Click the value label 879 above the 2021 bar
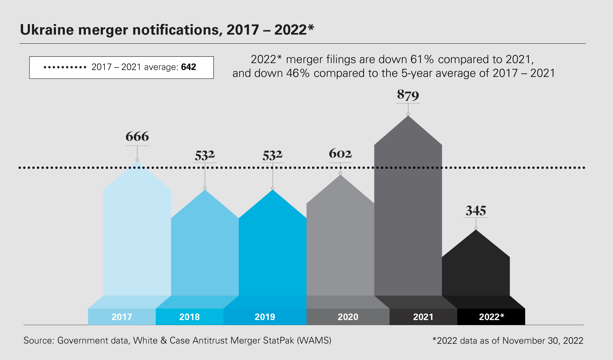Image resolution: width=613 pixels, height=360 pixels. [408, 95]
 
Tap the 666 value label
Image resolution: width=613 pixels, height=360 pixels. [137, 136]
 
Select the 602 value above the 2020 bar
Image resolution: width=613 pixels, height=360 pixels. [340, 154]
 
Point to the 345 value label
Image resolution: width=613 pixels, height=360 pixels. [476, 211]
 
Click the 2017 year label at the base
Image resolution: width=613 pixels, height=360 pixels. [122, 317]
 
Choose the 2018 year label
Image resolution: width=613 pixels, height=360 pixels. [190, 317]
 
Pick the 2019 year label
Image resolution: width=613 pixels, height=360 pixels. [265, 317]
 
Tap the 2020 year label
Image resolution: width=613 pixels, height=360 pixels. [348, 317]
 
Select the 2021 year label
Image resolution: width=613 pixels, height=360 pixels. [423, 317]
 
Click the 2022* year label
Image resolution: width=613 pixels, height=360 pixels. [492, 317]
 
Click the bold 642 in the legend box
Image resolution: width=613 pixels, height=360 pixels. [188, 67]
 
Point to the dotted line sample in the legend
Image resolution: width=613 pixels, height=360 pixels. [65, 67]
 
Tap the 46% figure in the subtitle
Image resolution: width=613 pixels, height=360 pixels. [298, 73]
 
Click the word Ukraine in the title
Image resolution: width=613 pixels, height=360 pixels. [47, 30]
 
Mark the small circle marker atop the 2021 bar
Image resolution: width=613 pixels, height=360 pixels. [408, 114]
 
